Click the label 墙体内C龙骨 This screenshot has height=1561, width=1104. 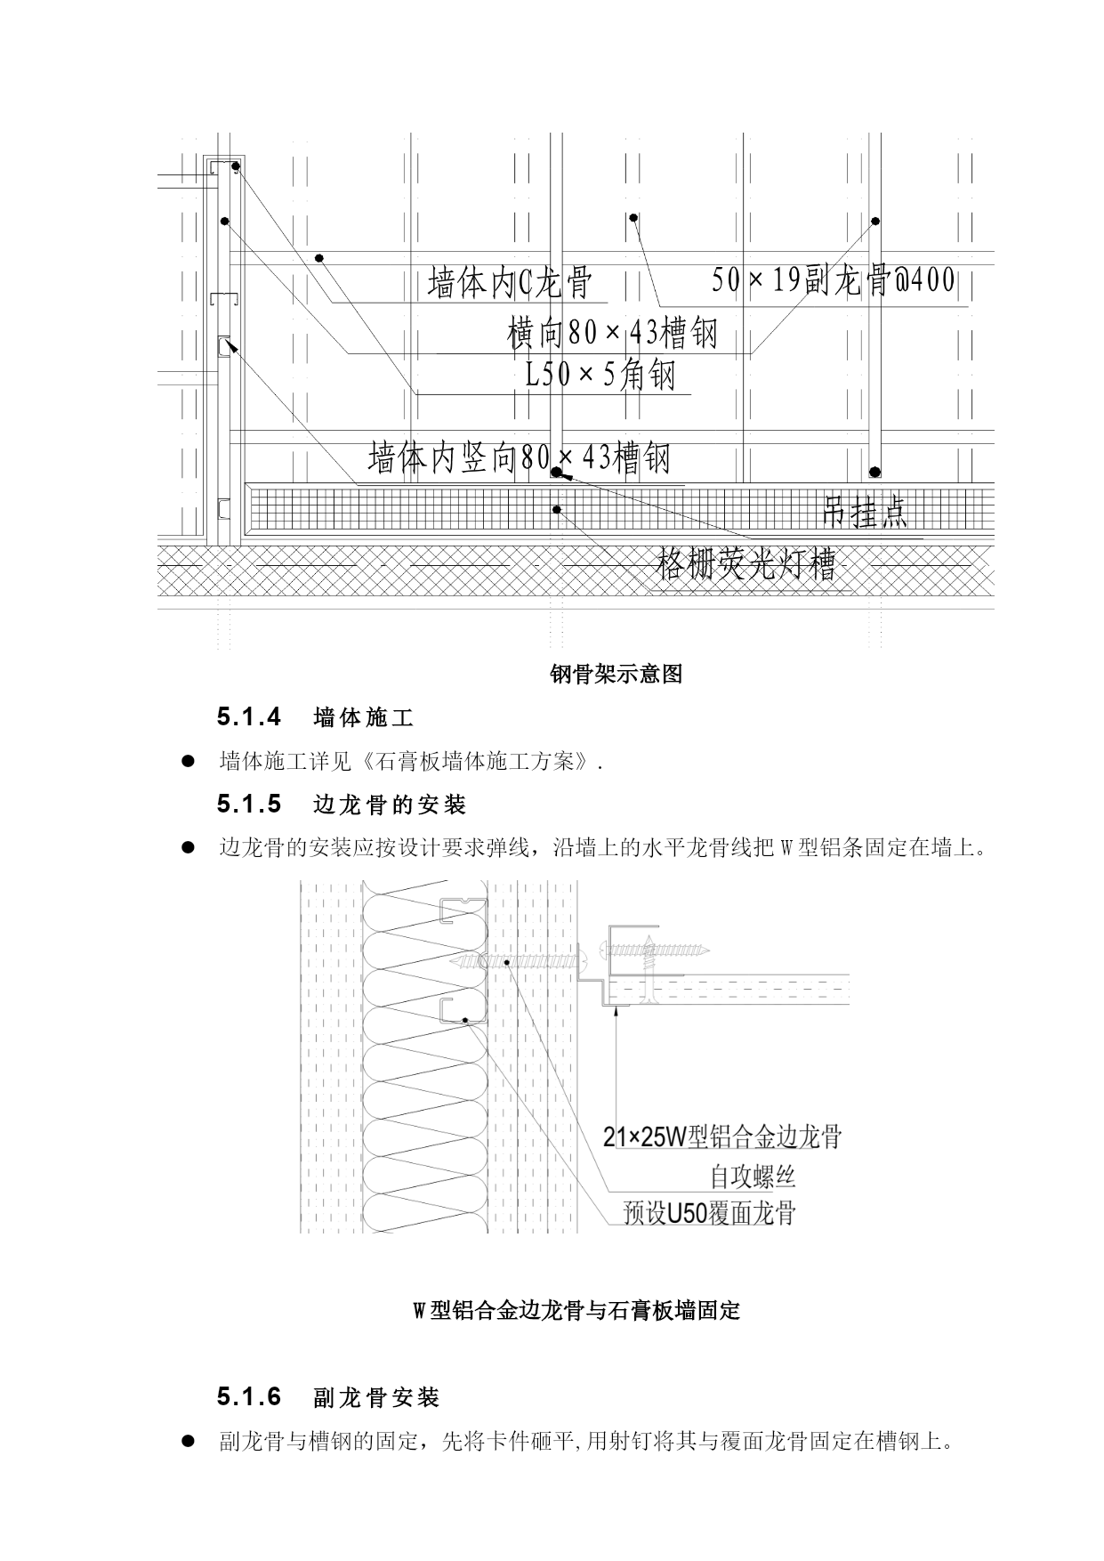510,284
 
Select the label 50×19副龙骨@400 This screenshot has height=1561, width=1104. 834,280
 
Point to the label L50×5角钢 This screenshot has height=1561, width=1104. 600,374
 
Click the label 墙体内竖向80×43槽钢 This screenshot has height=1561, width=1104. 519,457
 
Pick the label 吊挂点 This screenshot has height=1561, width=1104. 865,513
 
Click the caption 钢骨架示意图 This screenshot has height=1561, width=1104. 616,675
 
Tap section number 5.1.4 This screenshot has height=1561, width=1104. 249,716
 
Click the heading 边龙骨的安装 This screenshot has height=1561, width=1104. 391,805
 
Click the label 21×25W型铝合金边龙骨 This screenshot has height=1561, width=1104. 722,1136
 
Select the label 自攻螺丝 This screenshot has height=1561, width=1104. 752,1177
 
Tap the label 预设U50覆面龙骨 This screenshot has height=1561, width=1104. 709,1212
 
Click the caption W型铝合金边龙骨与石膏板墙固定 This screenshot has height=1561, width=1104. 576,1311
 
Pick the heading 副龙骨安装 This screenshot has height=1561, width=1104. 377,1398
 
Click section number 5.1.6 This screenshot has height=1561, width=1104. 249,1397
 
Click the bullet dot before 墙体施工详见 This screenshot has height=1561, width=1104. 188,762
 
